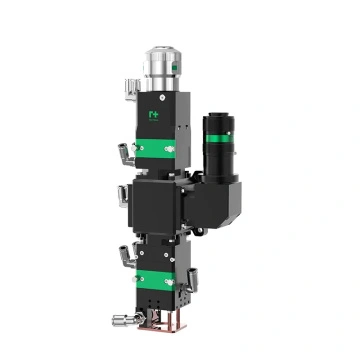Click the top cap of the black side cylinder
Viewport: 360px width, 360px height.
click(x=217, y=114)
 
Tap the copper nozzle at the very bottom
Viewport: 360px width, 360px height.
click(x=161, y=322)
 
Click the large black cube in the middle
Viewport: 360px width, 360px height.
click(x=160, y=205)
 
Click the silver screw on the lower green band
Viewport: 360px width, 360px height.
click(x=171, y=281)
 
